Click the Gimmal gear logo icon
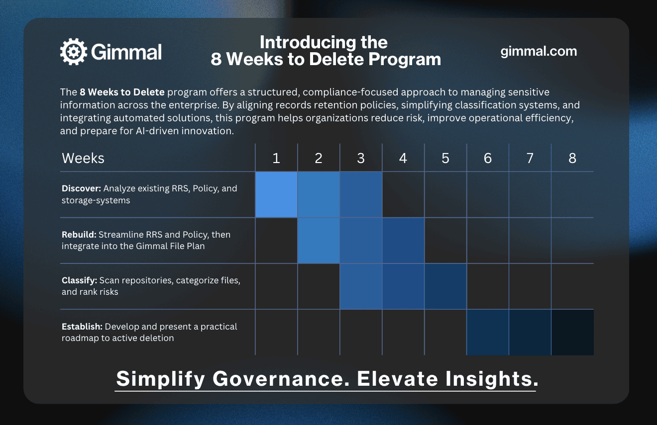click(74, 52)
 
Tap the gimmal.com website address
click(539, 51)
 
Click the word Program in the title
click(405, 60)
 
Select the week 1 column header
click(276, 158)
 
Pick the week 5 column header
click(445, 158)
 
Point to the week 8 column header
click(572, 158)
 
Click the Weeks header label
click(83, 158)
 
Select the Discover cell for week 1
click(276, 194)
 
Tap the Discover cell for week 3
click(361, 194)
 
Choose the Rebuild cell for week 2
click(319, 241)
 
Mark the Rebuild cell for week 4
click(403, 241)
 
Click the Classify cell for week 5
click(445, 286)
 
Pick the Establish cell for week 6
click(488, 333)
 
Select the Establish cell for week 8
click(572, 333)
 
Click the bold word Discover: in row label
click(81, 188)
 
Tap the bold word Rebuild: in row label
click(79, 234)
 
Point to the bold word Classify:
click(79, 280)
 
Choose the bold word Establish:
click(82, 326)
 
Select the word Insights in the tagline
click(492, 378)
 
